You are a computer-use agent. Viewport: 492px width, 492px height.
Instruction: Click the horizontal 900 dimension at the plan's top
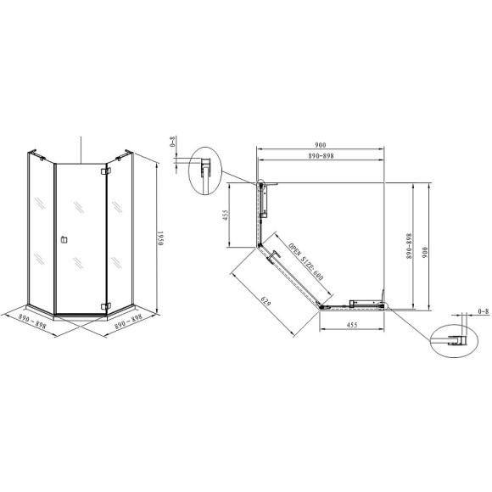click(x=320, y=145)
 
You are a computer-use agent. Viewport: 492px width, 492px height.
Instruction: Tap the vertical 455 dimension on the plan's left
click(x=226, y=216)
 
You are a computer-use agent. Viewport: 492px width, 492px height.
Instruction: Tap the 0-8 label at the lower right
click(x=484, y=312)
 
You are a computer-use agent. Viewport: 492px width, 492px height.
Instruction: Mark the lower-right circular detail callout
click(x=450, y=339)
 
